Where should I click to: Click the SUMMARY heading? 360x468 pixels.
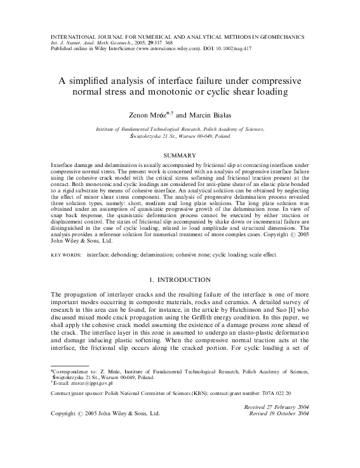pos(180,155)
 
